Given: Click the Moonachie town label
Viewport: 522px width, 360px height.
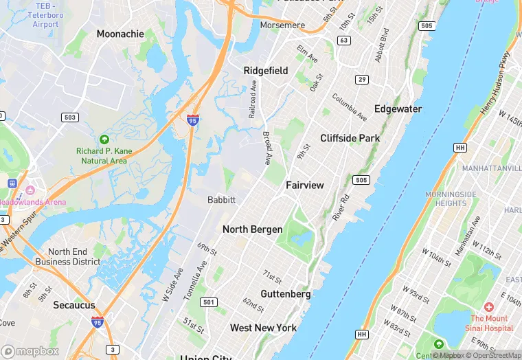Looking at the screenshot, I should [120, 34].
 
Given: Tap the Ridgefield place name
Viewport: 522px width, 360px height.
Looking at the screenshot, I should [266, 71].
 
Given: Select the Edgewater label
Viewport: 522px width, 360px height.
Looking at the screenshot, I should [398, 109].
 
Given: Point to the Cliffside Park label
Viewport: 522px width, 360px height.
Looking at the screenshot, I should [350, 138].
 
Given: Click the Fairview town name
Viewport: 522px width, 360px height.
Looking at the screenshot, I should [304, 185].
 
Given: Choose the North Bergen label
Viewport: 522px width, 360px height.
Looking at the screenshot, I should [252, 229].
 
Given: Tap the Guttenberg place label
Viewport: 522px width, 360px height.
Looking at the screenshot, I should [286, 294].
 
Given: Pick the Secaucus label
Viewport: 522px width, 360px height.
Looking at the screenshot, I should [74, 306].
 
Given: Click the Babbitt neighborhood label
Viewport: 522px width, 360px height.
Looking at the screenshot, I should [221, 200].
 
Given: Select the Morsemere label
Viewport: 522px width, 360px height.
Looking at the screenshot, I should [282, 25].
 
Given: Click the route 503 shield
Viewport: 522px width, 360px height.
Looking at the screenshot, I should [69, 117].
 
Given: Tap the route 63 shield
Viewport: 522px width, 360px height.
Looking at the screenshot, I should [344, 41].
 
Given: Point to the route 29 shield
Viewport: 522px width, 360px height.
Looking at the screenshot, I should [361, 80].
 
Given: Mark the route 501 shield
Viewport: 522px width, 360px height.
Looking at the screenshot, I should [209, 302].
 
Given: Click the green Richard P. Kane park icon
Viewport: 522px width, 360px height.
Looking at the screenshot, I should [104, 139].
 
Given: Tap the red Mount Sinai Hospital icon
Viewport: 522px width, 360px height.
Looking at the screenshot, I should [489, 306].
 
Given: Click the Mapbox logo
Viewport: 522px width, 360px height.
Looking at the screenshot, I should [30, 350].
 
